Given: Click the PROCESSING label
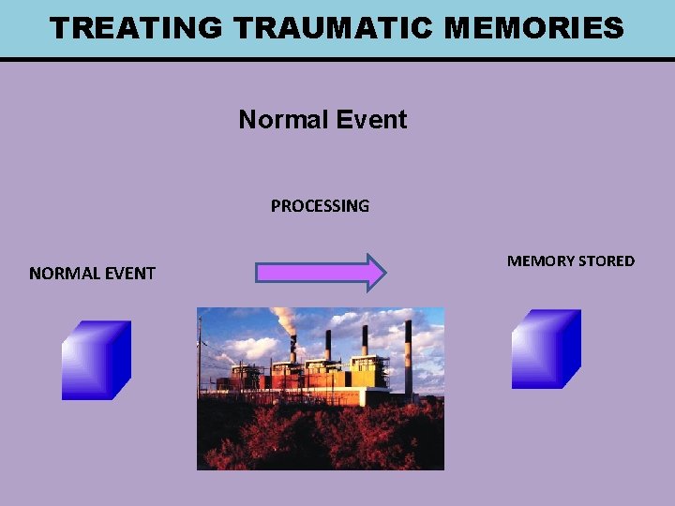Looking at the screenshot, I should pyautogui.click(x=320, y=206).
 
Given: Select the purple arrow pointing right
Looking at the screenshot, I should pyautogui.click(x=320, y=273).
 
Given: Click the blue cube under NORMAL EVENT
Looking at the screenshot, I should pyautogui.click(x=96, y=361).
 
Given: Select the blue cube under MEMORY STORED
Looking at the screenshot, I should pyautogui.click(x=546, y=349).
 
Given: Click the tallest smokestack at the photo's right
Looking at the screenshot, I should pyautogui.click(x=409, y=361).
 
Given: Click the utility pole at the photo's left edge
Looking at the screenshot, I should pyautogui.click(x=200, y=365).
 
